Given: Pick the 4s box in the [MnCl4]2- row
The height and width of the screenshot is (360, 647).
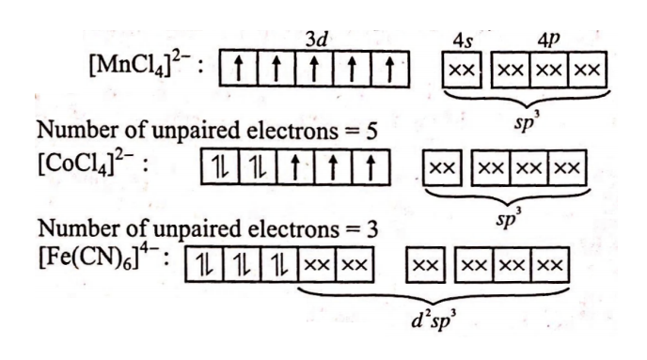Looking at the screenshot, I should (x=461, y=70).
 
